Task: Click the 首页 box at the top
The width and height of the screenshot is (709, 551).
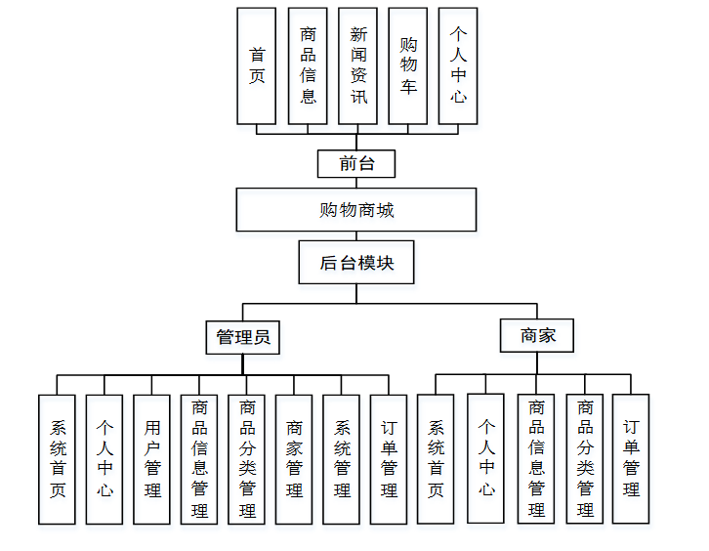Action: (x=257, y=66)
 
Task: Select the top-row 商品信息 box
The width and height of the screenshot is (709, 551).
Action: (x=308, y=66)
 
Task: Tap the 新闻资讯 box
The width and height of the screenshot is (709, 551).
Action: (x=357, y=66)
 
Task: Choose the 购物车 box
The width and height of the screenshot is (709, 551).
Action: (x=408, y=66)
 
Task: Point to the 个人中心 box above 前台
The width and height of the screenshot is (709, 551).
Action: (x=458, y=66)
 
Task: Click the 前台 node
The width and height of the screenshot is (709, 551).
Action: (x=356, y=163)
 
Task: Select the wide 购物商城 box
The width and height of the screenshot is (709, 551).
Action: (x=356, y=210)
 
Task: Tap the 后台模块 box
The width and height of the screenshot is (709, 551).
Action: (x=356, y=263)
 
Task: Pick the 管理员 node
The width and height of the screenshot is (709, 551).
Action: (x=243, y=338)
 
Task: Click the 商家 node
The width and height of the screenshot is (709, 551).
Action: (x=537, y=335)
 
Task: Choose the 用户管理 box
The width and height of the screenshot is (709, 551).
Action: (x=152, y=459)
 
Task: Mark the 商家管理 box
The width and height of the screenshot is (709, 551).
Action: (x=294, y=459)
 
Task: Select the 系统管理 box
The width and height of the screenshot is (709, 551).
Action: (x=342, y=459)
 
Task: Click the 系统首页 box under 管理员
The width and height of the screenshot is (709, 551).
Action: (x=58, y=459)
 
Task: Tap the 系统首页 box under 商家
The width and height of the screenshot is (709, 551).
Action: (x=436, y=459)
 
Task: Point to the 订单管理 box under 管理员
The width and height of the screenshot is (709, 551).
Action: (x=390, y=459)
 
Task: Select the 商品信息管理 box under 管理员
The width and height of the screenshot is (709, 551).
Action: (x=199, y=459)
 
